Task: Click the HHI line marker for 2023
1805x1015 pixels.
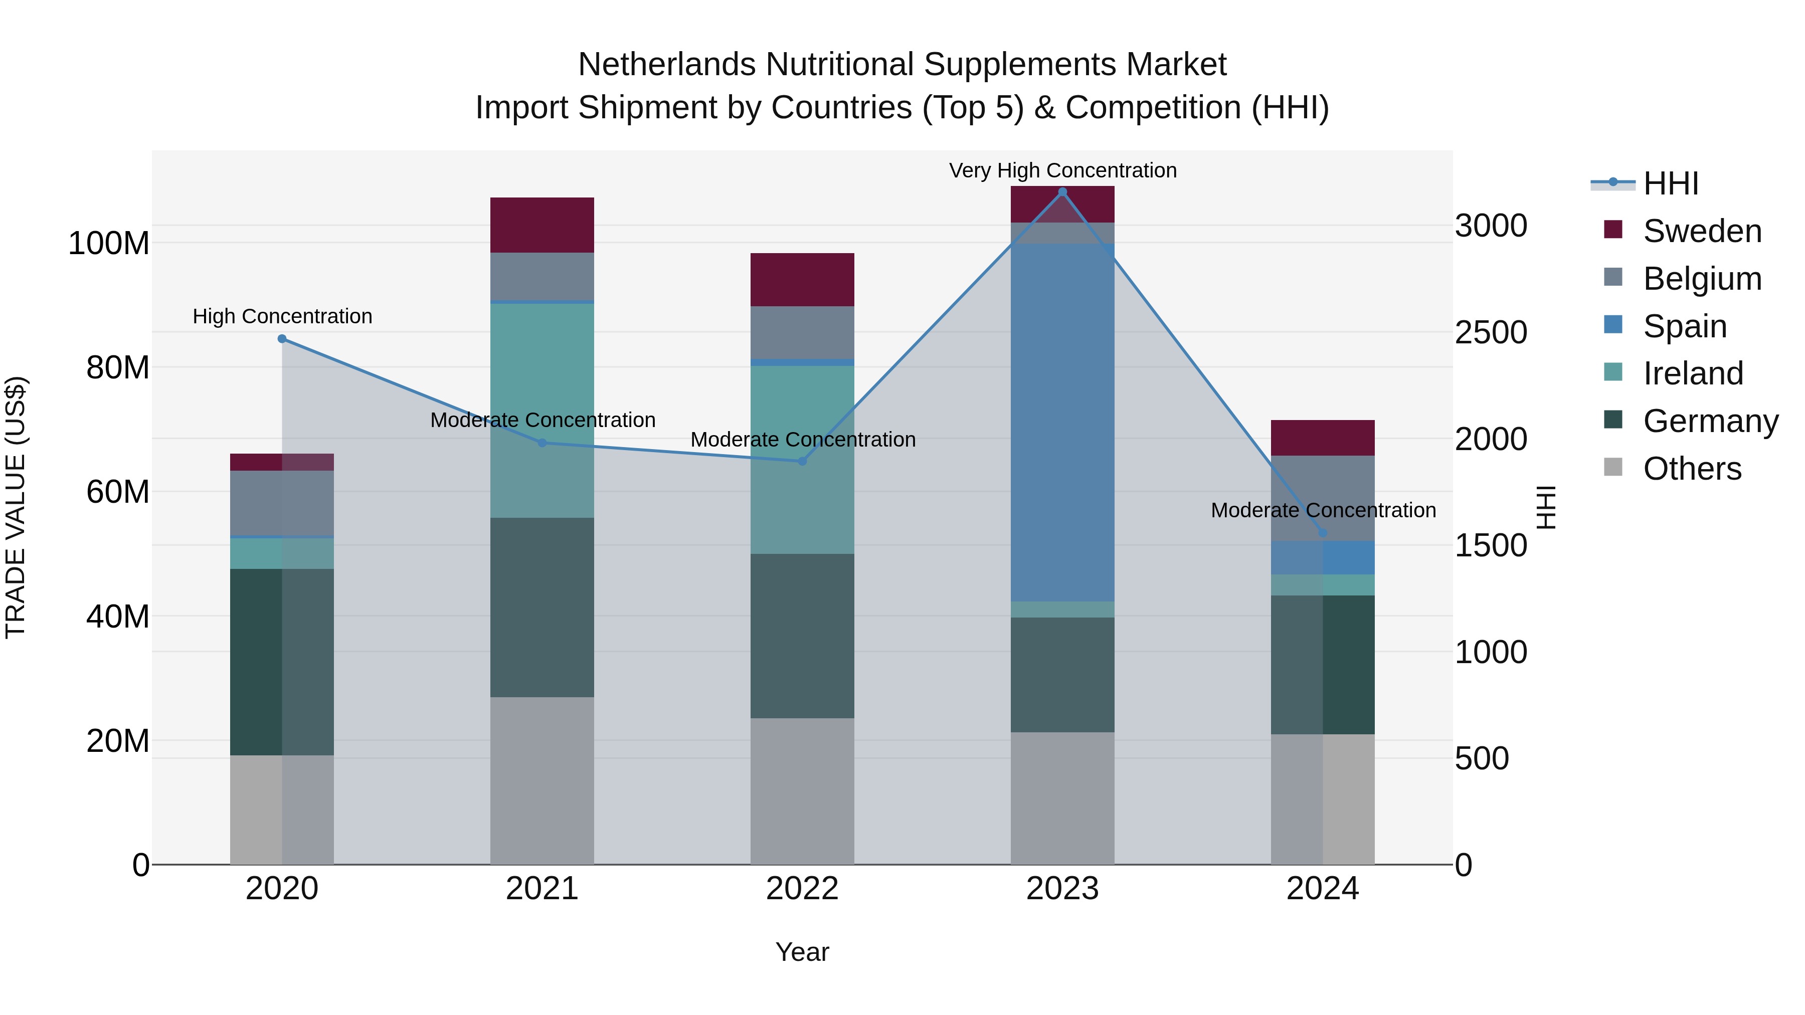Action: (1062, 192)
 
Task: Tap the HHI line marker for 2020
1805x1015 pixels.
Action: (282, 339)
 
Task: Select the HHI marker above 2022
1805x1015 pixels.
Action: (802, 461)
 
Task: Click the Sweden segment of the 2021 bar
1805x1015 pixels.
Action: (541, 225)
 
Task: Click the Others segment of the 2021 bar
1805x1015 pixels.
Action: (541, 780)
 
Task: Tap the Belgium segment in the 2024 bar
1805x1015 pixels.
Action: (1322, 490)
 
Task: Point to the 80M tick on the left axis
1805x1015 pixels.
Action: (118, 368)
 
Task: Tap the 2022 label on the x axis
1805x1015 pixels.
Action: (802, 889)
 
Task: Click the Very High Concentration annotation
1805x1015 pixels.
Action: (1062, 170)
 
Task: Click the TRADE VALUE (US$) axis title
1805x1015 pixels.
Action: (16, 507)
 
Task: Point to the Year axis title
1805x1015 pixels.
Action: (802, 952)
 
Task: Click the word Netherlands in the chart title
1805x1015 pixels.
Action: (666, 65)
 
